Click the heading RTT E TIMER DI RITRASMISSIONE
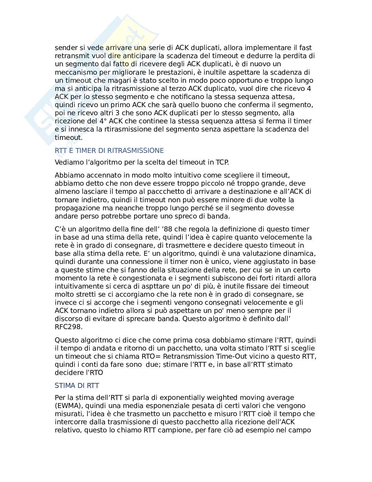coord(109,151)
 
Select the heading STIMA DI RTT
coord(77,386)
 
